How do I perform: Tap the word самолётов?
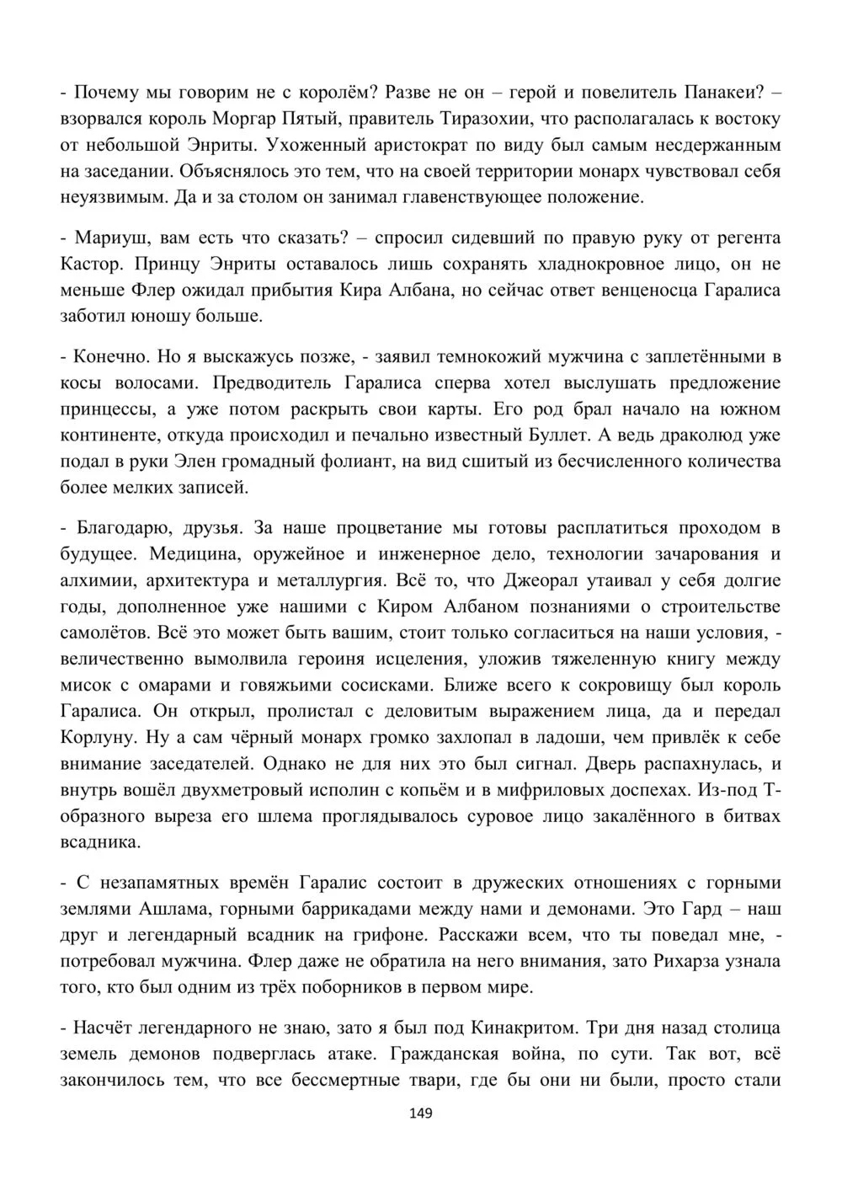point(106,633)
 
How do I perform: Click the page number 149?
point(420,1114)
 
